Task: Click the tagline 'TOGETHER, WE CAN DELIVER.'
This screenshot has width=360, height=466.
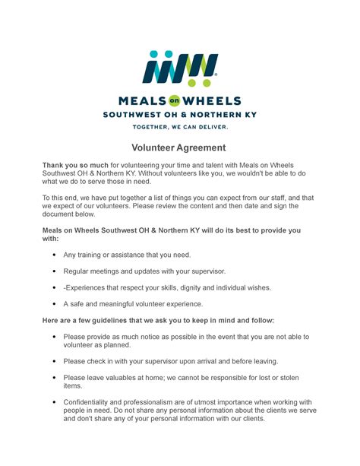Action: pyautogui.click(x=180, y=127)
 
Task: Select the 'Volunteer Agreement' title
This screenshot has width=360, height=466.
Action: pyautogui.click(x=179, y=148)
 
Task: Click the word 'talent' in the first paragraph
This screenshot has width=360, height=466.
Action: pyautogui.click(x=213, y=165)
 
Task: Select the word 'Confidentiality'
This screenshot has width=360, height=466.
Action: pyautogui.click(x=93, y=402)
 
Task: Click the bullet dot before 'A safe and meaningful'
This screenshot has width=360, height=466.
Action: pyautogui.click(x=54, y=304)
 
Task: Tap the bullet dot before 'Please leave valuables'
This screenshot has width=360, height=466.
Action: pyautogui.click(x=54, y=378)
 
